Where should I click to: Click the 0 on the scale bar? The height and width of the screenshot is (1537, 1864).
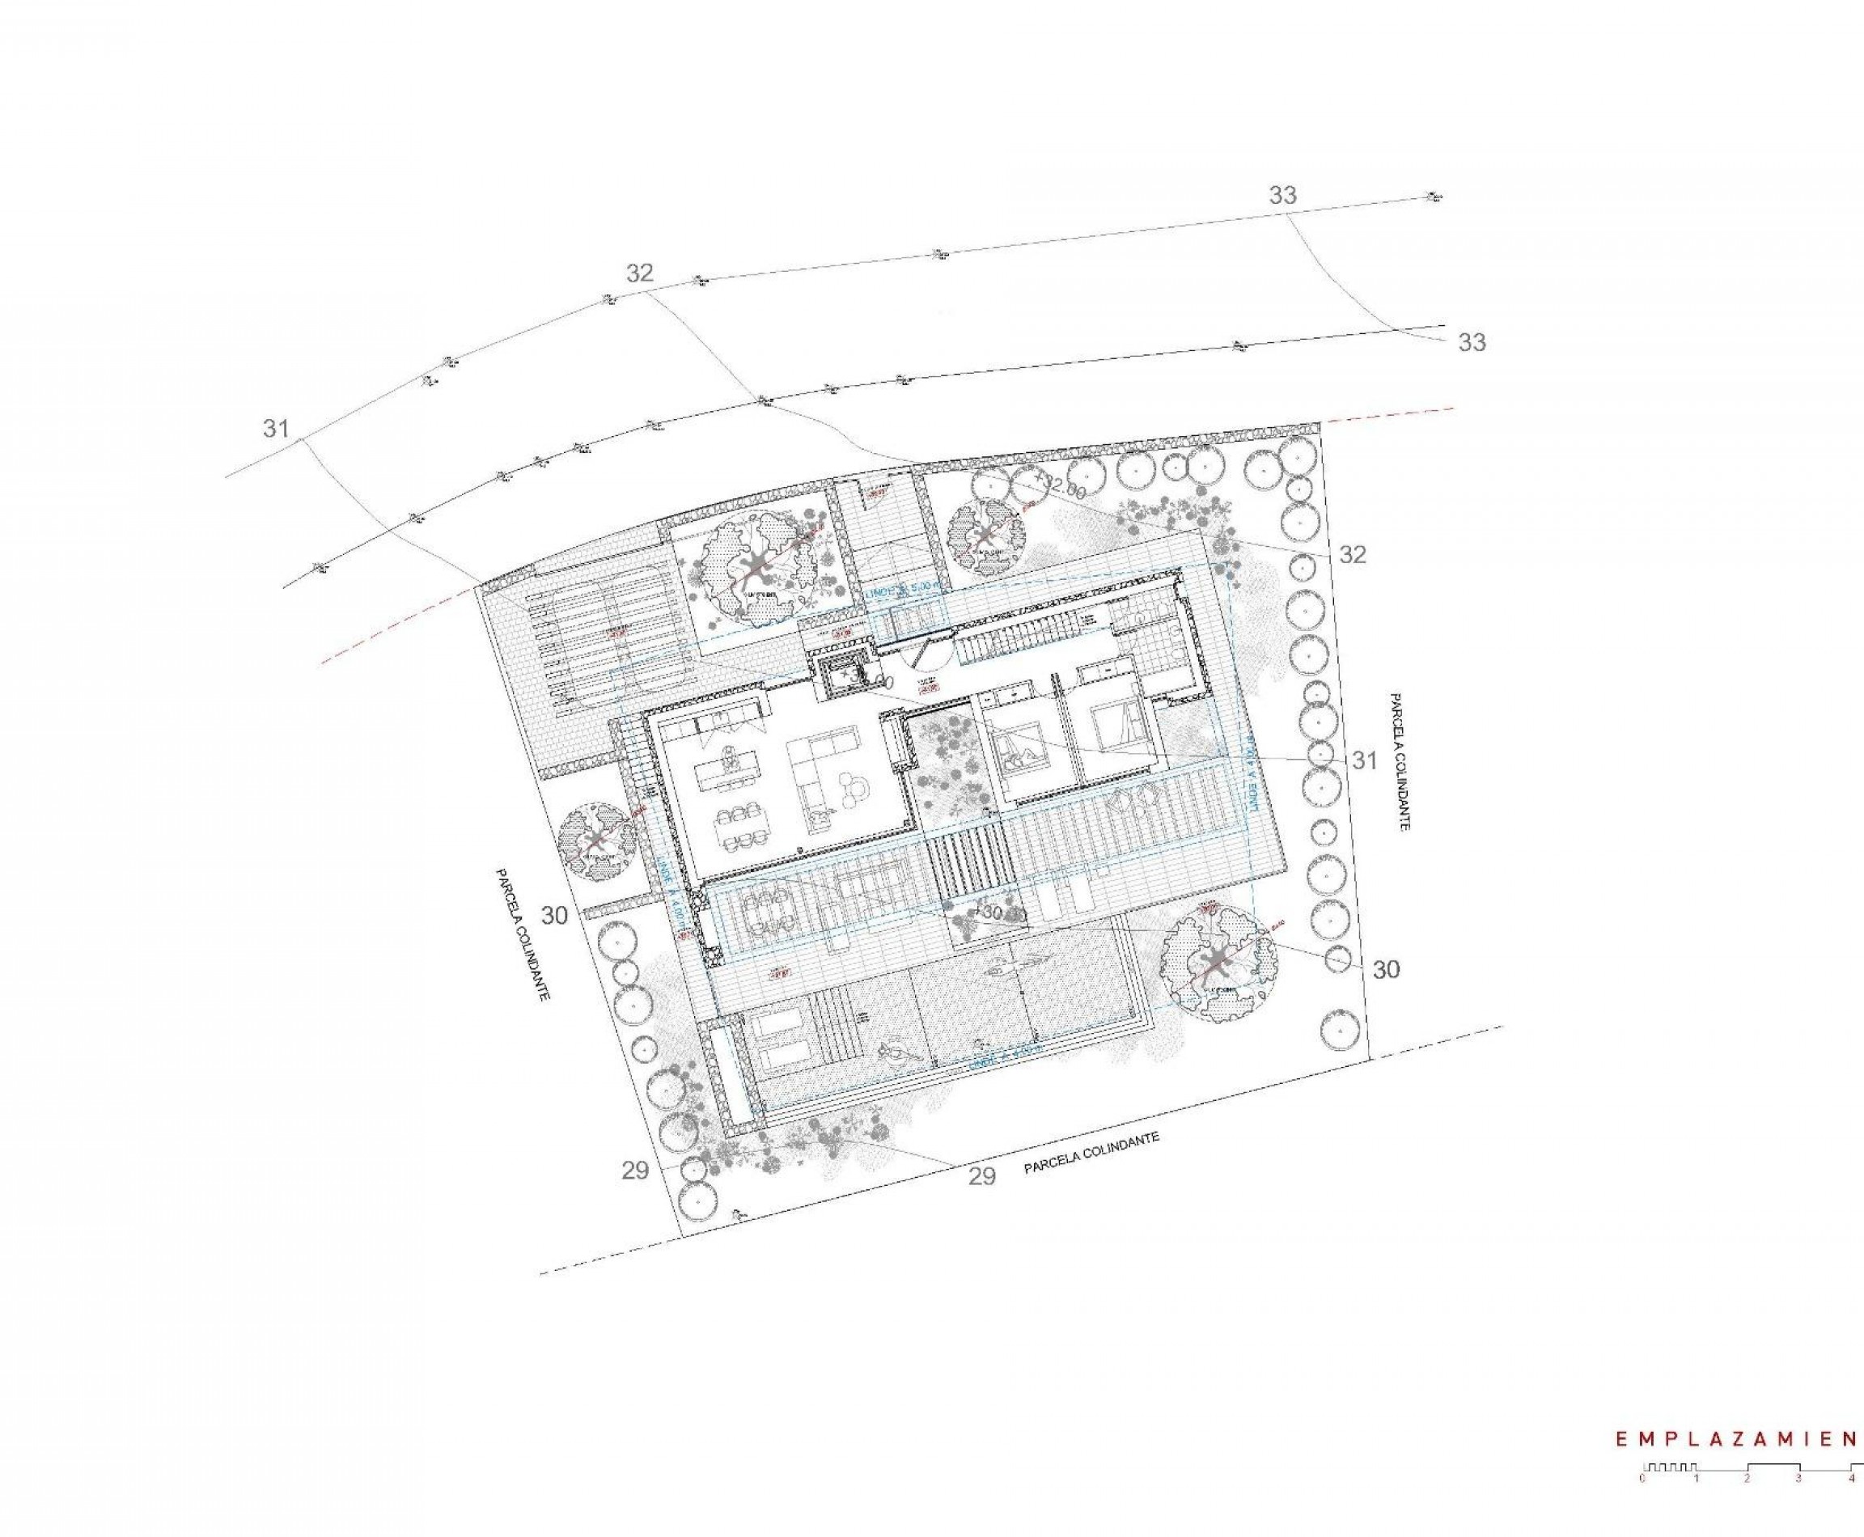click(1643, 1477)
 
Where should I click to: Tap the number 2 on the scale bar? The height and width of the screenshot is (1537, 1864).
click(1747, 1477)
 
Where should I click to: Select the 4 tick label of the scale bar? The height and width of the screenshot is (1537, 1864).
click(1851, 1477)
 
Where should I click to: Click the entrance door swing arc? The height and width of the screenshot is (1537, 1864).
click(926, 655)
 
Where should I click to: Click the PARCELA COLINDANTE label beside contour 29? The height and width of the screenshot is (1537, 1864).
click(1091, 1154)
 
